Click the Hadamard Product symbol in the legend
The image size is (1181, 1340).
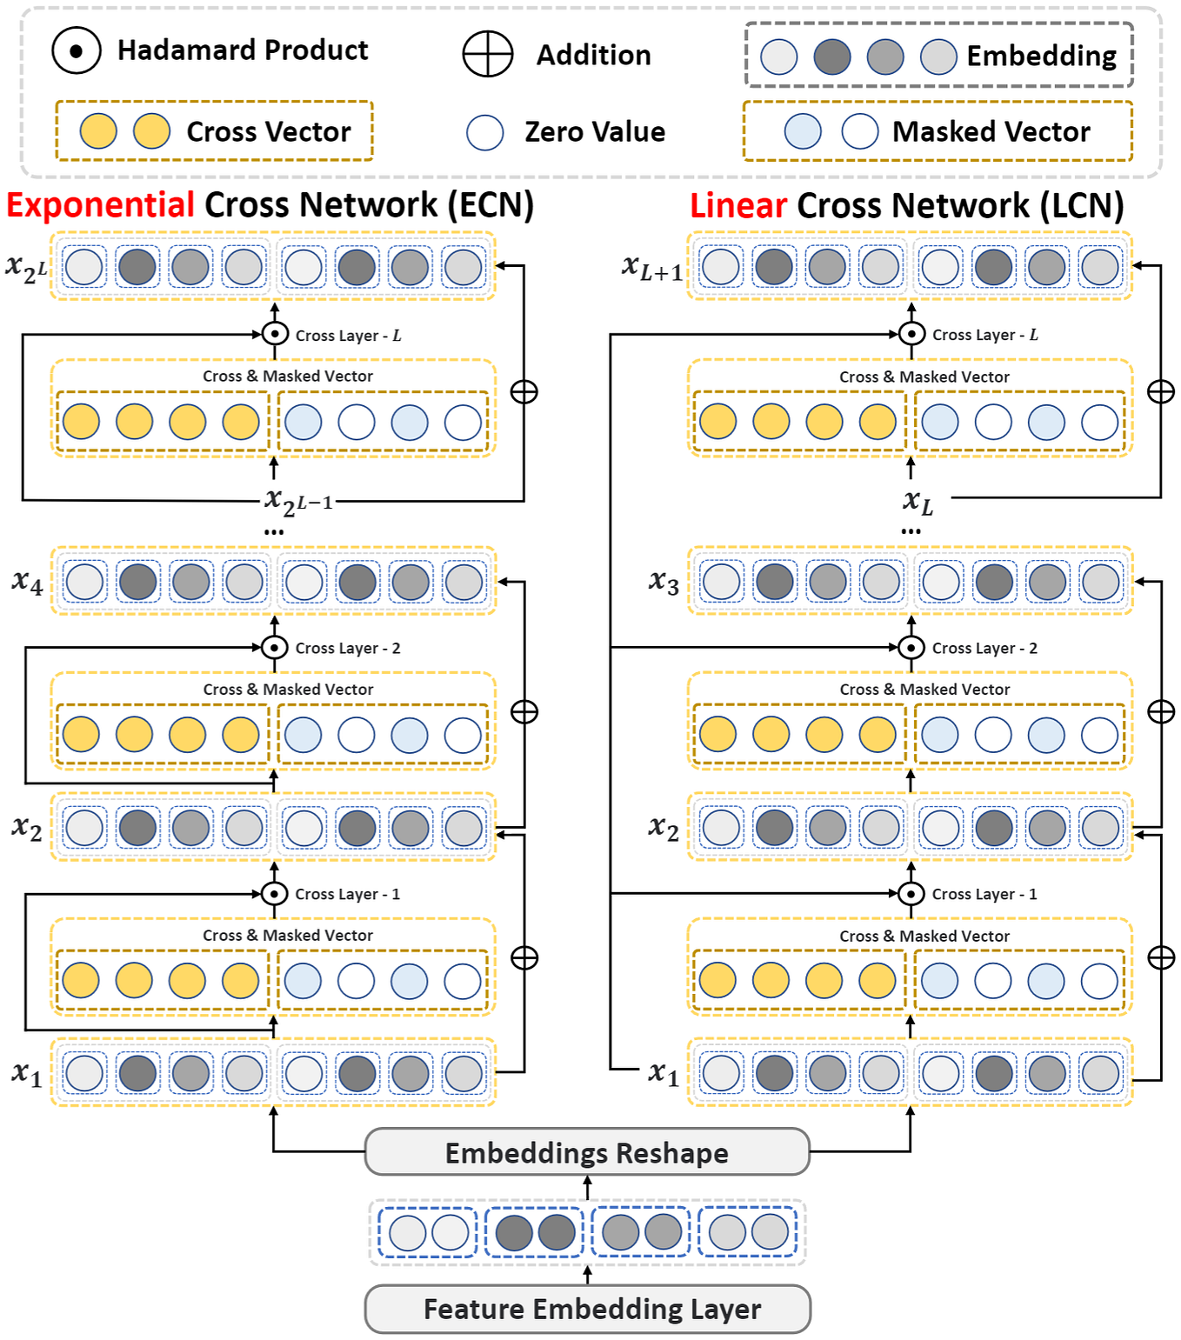pos(77,51)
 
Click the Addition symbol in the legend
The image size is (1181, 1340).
pos(487,55)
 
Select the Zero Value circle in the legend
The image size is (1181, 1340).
pos(484,132)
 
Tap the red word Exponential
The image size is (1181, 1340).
pos(100,205)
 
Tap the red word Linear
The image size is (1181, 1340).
pos(737,206)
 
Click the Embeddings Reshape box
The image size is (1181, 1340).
pos(587,1152)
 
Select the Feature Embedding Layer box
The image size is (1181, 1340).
pos(587,1309)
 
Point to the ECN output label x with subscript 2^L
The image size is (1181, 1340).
pos(26,268)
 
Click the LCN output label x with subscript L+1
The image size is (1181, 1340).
pos(652,268)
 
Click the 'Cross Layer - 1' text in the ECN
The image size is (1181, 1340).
pos(347,894)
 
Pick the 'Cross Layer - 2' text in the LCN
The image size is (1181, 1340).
pos(984,648)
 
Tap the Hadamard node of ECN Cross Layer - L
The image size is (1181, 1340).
pos(275,334)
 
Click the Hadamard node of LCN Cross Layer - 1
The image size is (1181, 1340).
pos(911,893)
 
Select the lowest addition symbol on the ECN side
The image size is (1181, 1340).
pos(524,957)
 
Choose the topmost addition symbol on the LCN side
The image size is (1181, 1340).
pos(1161,391)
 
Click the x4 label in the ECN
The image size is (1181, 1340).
pos(27,582)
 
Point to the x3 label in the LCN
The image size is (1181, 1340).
pos(664,582)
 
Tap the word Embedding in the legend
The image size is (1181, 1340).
pos(1041,56)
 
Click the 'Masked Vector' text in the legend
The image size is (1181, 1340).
pos(991,131)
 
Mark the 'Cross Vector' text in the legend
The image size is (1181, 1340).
pos(268,131)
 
